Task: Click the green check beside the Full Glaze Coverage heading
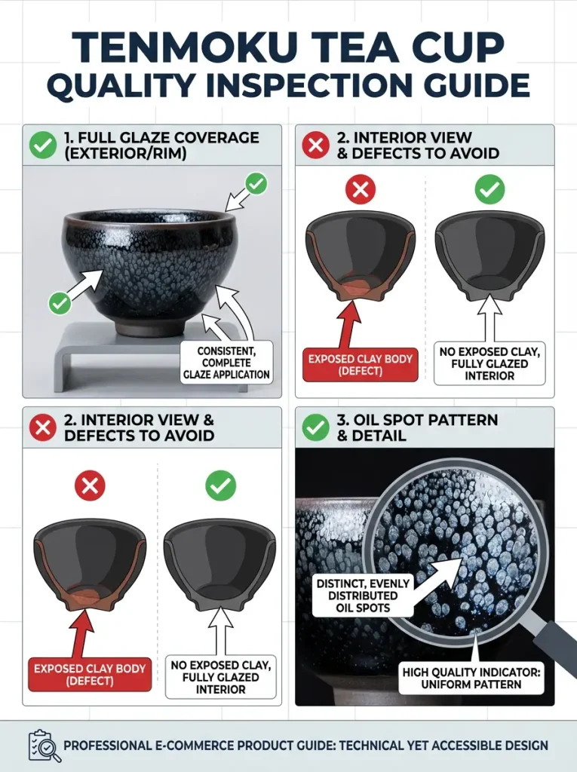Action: pyautogui.click(x=43, y=145)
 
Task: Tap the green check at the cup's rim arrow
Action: pyautogui.click(x=256, y=183)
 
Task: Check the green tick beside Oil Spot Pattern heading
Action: pyautogui.click(x=315, y=428)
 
